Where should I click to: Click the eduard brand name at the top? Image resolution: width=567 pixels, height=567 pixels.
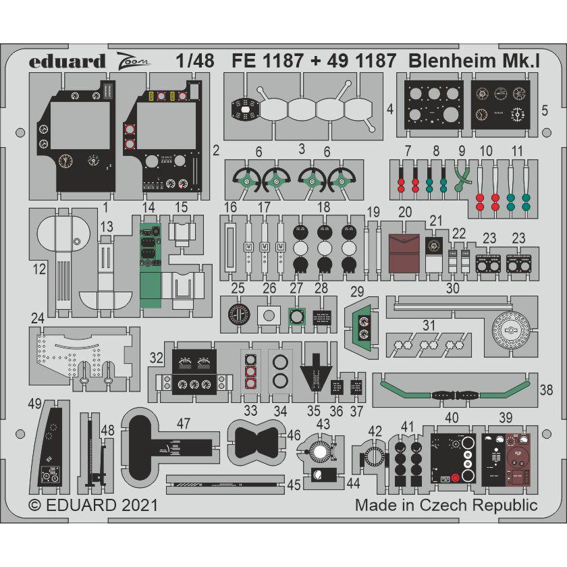pos(67,61)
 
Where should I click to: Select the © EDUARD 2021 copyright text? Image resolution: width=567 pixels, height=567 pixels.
pos(93,505)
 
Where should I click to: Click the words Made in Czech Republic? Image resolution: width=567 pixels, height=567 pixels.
pos(446,505)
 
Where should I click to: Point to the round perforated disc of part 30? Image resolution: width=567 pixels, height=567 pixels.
pos(511,330)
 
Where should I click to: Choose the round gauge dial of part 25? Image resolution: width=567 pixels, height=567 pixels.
pos(237,315)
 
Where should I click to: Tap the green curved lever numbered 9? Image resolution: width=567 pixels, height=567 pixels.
pos(462,176)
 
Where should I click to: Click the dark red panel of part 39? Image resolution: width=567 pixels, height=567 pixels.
pos(519,458)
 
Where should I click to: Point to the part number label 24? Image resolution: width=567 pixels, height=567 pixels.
pos(38,317)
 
